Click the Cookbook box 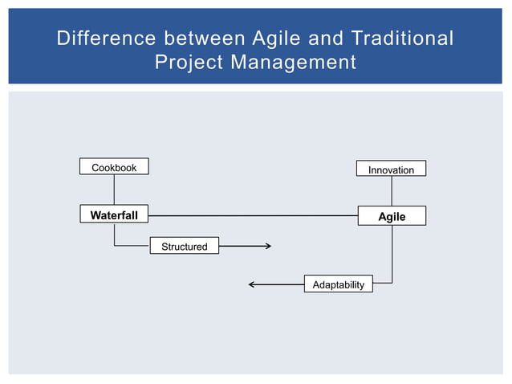pyautogui.click(x=114, y=167)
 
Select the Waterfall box pyautogui.click(x=114, y=215)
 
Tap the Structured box pyautogui.click(x=184, y=247)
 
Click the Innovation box pyautogui.click(x=391, y=170)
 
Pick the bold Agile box pyautogui.click(x=392, y=216)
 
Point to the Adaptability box pyautogui.click(x=338, y=284)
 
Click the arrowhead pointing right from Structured pyautogui.click(x=268, y=247)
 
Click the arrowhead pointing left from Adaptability pyautogui.click(x=253, y=284)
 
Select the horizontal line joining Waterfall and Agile pyautogui.click(x=253, y=215)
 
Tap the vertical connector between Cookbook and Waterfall pyautogui.click(x=114, y=190)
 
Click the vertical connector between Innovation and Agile pyautogui.click(x=392, y=191)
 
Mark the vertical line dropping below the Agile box pyautogui.click(x=392, y=253)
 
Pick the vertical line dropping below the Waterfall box pyautogui.click(x=114, y=235)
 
